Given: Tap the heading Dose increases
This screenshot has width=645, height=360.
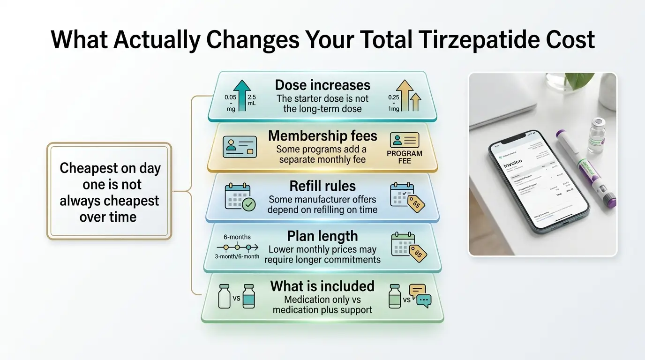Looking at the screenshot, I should (322, 85).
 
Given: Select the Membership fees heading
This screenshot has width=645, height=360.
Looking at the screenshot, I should (322, 136).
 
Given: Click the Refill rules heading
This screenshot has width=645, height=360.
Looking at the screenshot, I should (322, 186).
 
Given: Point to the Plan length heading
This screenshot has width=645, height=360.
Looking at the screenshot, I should (322, 236).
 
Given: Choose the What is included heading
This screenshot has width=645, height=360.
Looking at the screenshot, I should (322, 286).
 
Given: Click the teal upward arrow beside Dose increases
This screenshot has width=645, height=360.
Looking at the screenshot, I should (242, 96).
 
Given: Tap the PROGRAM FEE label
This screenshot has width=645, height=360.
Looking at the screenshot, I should (404, 157).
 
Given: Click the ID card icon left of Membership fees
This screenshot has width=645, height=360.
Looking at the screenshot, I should (240, 146).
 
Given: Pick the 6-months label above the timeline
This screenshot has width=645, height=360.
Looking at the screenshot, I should (237, 237).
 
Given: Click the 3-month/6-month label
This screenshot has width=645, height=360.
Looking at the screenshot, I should (237, 256).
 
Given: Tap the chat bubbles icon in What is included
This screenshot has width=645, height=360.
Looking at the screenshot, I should (420, 296).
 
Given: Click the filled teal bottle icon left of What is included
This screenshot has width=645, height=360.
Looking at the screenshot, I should (248, 296).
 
